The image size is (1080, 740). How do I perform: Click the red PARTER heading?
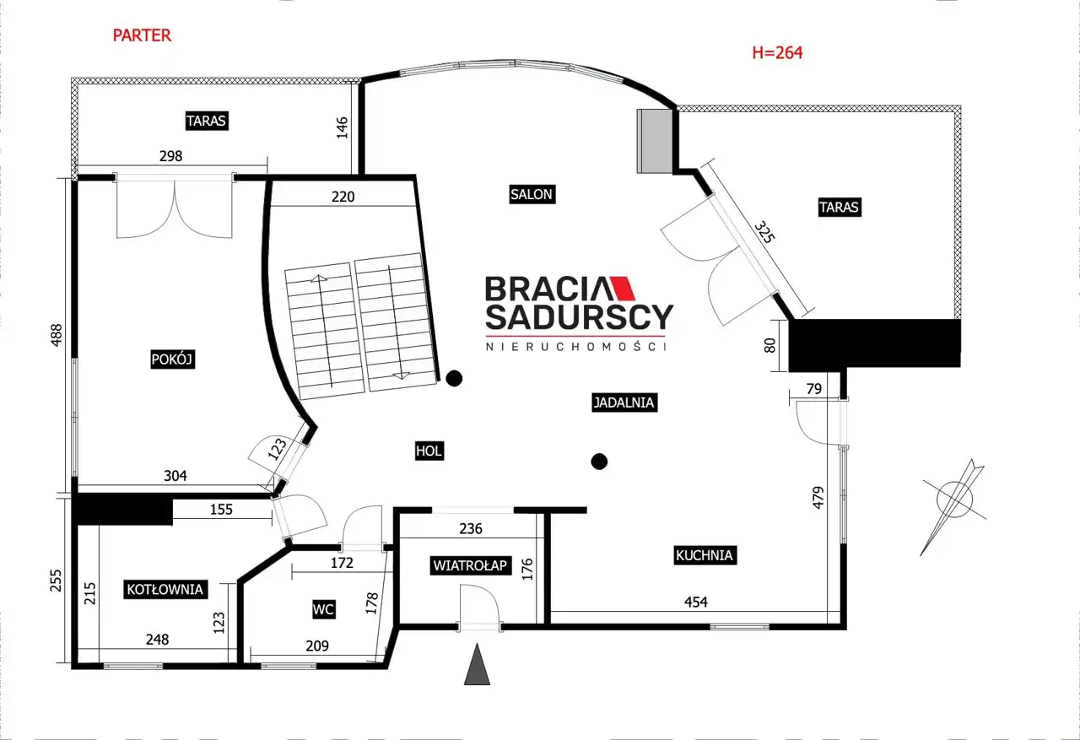(142, 35)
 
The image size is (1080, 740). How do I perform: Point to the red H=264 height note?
(777, 52)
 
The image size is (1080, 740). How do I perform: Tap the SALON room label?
(532, 194)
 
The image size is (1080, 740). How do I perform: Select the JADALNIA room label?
(624, 402)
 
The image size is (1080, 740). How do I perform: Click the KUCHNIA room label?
(705, 555)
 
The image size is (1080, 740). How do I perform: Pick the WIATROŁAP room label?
(470, 565)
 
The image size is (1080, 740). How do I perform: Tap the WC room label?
(323, 609)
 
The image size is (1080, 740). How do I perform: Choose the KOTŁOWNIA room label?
(165, 589)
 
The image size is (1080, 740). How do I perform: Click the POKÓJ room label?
(172, 359)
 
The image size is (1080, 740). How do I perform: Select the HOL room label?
(429, 451)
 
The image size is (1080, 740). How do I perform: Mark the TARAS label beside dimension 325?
(840, 208)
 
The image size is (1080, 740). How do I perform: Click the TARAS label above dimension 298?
(207, 121)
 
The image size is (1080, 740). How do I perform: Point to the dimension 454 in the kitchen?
(696, 602)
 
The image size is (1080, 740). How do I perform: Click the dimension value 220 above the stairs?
(343, 197)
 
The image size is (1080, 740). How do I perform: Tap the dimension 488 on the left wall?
(57, 335)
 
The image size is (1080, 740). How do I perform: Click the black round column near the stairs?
(454, 378)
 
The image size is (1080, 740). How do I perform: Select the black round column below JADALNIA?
(599, 462)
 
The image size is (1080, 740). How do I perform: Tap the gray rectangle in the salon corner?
(655, 141)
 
